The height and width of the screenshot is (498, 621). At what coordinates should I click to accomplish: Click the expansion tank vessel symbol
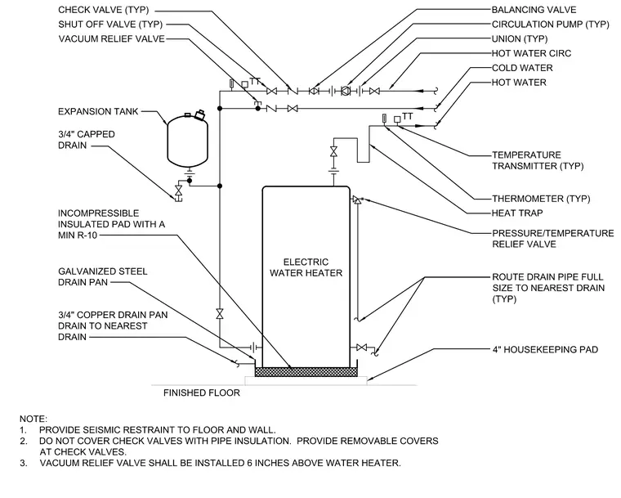[x=188, y=140]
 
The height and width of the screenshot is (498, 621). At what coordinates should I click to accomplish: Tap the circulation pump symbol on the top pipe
[x=346, y=92]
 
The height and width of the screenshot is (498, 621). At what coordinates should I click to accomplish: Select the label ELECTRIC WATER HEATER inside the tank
[x=306, y=267]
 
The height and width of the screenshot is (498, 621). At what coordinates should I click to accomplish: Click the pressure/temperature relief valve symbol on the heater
[x=357, y=200]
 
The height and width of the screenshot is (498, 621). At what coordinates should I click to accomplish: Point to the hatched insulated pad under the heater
[x=306, y=372]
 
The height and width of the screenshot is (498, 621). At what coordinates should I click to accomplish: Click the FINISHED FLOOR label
[x=202, y=393]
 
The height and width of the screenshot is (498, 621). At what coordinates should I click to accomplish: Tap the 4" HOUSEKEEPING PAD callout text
[x=545, y=349]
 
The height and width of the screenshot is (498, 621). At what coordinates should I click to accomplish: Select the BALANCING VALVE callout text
[x=534, y=10]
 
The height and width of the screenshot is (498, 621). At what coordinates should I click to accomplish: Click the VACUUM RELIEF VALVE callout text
[x=112, y=39]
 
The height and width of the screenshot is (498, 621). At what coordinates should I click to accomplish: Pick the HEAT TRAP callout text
[x=517, y=213]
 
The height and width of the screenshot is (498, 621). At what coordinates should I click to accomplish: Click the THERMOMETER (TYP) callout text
[x=541, y=198]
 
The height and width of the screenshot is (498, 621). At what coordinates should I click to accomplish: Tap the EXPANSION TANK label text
[x=98, y=111]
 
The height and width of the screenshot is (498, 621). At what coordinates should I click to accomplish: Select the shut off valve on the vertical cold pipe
[x=220, y=314]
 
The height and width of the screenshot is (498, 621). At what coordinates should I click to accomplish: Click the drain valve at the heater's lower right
[x=362, y=348]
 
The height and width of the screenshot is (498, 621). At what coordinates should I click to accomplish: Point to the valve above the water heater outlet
[x=334, y=151]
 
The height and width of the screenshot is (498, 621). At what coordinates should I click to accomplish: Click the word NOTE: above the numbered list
[x=34, y=419]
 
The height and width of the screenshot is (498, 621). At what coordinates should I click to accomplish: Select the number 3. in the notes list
[x=24, y=463]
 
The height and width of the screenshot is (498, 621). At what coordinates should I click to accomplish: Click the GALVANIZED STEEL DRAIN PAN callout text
[x=103, y=276]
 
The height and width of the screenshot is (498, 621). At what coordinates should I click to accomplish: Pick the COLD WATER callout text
[x=522, y=68]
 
